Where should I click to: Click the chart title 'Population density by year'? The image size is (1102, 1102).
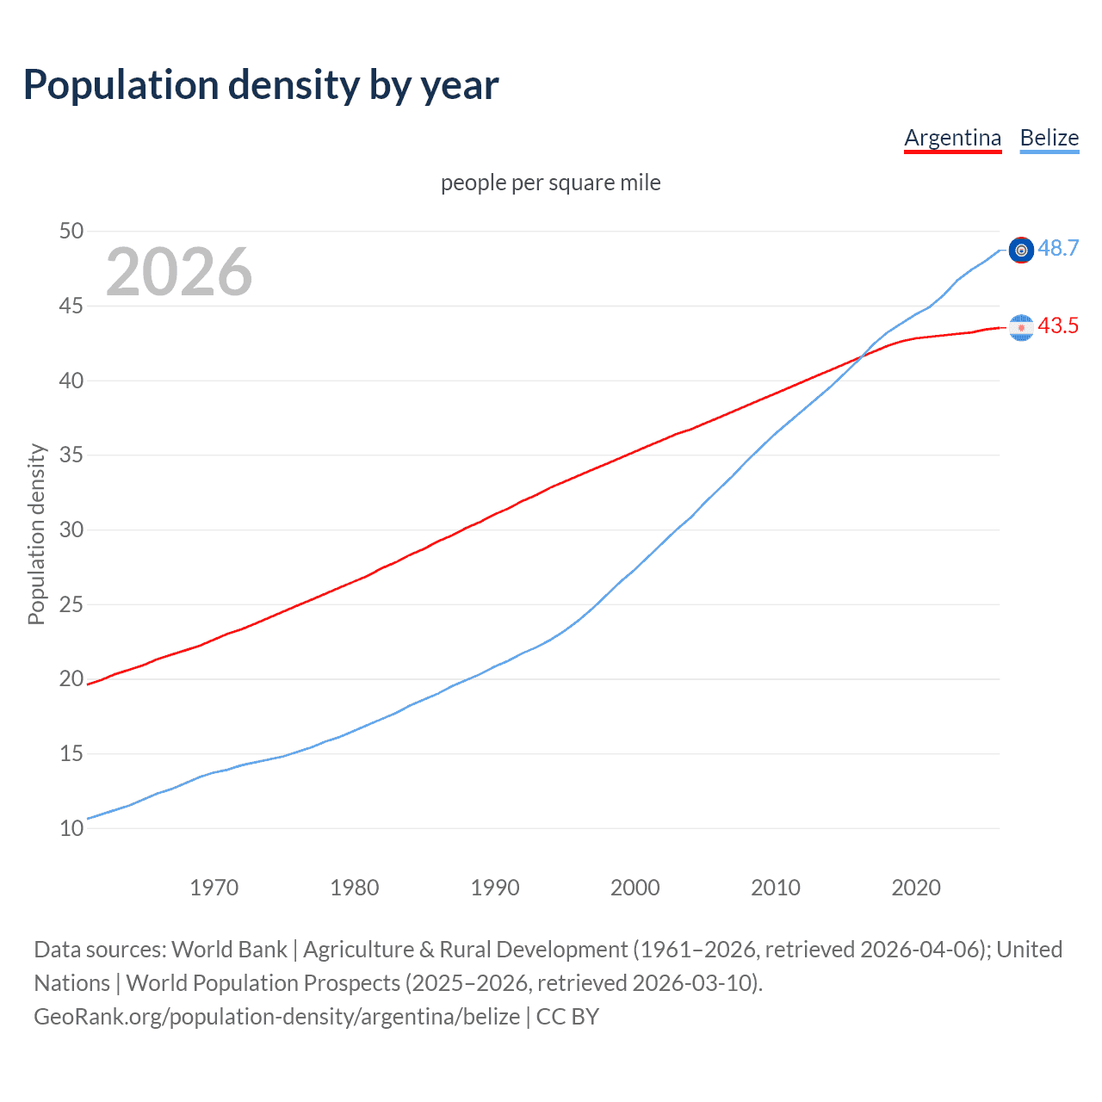tap(261, 85)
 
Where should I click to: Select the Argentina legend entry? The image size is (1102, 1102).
tap(952, 138)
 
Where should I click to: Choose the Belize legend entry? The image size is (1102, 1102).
tap(1049, 138)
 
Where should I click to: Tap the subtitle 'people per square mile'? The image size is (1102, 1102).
tap(550, 183)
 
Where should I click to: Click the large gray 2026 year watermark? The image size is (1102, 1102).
tap(179, 272)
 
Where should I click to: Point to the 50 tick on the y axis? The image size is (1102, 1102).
tap(71, 231)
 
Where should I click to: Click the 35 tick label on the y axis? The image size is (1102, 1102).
tap(71, 455)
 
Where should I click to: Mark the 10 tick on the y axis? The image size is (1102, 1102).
tap(71, 828)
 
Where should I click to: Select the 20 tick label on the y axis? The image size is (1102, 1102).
tap(71, 678)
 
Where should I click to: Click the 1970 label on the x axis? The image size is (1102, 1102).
tap(214, 888)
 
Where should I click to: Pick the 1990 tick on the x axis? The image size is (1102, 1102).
tap(494, 888)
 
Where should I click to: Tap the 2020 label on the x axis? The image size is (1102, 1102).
tap(915, 888)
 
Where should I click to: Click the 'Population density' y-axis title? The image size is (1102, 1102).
tap(36, 534)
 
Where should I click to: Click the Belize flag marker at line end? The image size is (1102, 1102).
tap(1021, 250)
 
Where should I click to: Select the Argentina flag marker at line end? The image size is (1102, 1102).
tap(1021, 327)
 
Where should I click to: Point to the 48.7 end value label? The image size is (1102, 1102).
tap(1058, 248)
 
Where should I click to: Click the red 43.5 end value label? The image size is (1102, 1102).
tap(1058, 325)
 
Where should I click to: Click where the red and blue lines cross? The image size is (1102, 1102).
tap(862, 356)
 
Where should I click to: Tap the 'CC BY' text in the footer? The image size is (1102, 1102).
tap(567, 1017)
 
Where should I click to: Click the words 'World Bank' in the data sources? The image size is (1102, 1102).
tap(229, 950)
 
